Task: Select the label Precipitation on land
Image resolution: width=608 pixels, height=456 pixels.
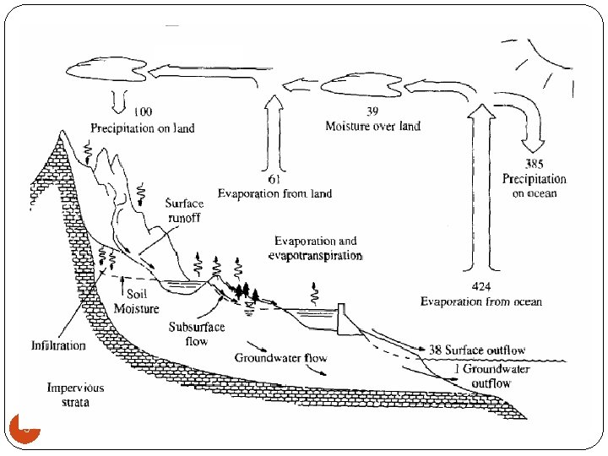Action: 143,128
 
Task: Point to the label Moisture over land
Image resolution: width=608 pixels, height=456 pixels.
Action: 372,126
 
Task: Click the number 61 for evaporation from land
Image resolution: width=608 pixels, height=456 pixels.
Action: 274,180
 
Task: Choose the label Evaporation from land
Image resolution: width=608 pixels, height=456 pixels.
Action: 274,193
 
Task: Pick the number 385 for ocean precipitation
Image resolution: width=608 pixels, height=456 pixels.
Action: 534,164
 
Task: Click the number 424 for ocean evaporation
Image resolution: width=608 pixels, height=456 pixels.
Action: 480,287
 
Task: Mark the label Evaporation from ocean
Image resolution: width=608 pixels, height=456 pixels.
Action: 481,301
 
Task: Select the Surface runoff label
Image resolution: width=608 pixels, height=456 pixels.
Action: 183,210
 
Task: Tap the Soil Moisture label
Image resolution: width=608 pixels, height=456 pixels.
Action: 137,301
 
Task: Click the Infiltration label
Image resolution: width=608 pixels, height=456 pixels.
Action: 58,345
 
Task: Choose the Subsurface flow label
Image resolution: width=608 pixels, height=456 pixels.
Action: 196,334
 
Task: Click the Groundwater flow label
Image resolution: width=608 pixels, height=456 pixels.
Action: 281,358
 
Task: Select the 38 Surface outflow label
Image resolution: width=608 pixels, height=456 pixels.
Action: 477,350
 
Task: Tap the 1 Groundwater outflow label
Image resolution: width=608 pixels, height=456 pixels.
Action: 491,377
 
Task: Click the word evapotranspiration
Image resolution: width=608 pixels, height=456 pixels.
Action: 315,255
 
